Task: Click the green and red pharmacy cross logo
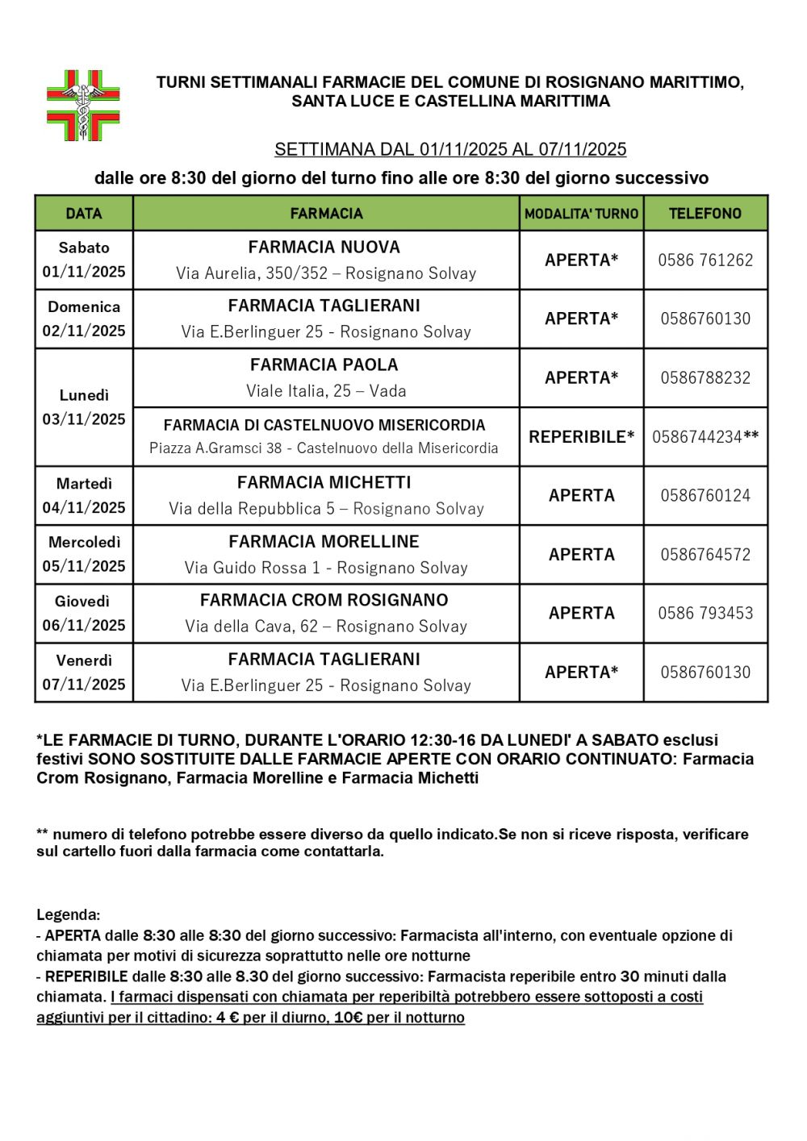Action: pos(83,106)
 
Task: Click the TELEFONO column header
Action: pos(705,214)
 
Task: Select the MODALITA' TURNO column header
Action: pos(581,214)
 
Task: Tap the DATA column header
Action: pos(84,214)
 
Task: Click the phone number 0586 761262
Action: pos(705,260)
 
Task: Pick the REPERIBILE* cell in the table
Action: pos(581,437)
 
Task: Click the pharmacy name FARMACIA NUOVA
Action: pos(324,248)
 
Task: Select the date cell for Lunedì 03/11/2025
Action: pos(84,407)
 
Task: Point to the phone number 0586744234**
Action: pos(705,437)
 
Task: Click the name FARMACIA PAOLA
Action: pos(324,364)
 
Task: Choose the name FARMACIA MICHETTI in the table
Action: pos(324,482)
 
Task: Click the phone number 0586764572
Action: pos(705,555)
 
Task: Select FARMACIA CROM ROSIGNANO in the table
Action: pos(324,600)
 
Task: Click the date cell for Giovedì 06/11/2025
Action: pos(84,614)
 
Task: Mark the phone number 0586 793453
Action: pos(705,613)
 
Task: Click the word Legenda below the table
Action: pos(68,915)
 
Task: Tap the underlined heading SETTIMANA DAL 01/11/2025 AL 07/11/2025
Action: pos(450,149)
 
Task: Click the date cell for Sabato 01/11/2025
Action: pos(84,260)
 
